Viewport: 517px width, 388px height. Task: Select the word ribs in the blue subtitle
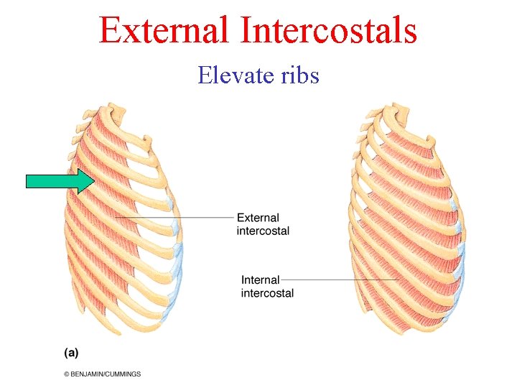click(296, 75)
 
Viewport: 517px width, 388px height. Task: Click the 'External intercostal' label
click(263, 224)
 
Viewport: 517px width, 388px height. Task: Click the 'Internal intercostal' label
click(267, 286)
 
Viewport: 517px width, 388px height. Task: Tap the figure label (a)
click(71, 352)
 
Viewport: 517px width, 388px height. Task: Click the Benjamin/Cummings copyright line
click(102, 374)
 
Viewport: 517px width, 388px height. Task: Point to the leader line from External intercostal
click(180, 217)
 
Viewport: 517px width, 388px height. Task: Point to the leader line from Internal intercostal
click(337, 280)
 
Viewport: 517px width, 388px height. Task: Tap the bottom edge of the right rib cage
click(402, 331)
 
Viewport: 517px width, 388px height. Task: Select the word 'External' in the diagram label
click(258, 218)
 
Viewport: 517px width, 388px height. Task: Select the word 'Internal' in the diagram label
click(260, 280)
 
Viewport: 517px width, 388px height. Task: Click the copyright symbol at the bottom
click(67, 374)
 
